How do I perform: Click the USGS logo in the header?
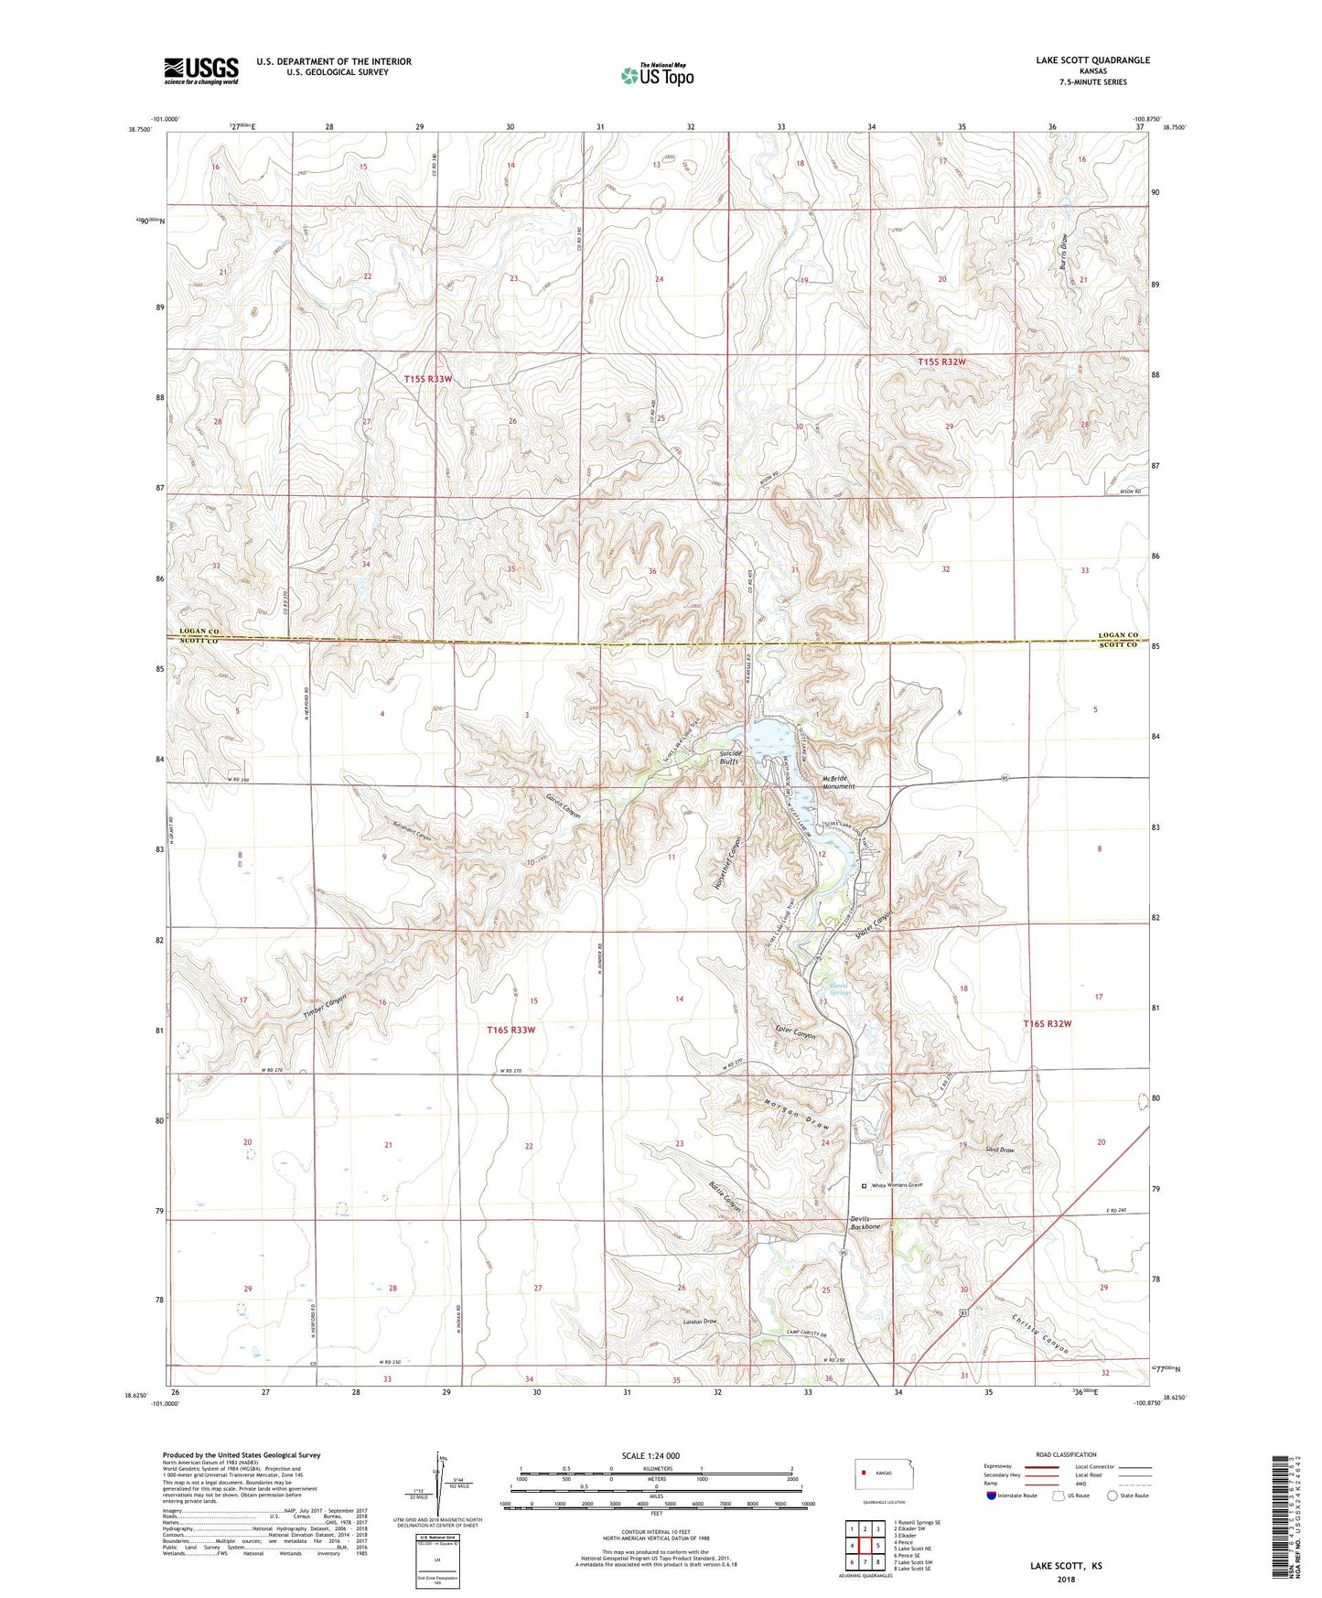click(x=201, y=70)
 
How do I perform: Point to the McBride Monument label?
click(x=838, y=781)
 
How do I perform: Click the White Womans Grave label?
click(x=897, y=1185)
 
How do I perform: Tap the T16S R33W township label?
click(x=511, y=1030)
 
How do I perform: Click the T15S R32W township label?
click(x=941, y=362)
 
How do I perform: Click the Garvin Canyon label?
click(x=564, y=804)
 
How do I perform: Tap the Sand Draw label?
click(x=999, y=1150)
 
